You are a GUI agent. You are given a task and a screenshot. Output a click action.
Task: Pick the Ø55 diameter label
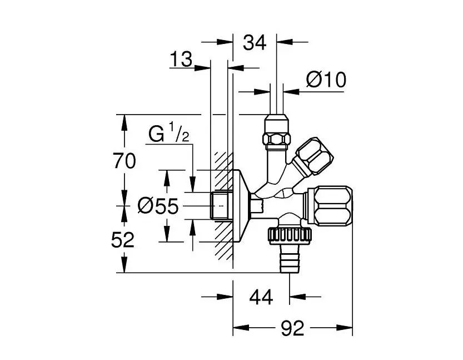[158, 206]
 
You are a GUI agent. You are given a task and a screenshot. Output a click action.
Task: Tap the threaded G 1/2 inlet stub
[221, 205]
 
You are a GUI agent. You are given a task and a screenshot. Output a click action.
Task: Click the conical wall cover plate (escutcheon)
[240, 205]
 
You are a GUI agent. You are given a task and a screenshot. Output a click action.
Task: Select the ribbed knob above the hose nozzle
[289, 234]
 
